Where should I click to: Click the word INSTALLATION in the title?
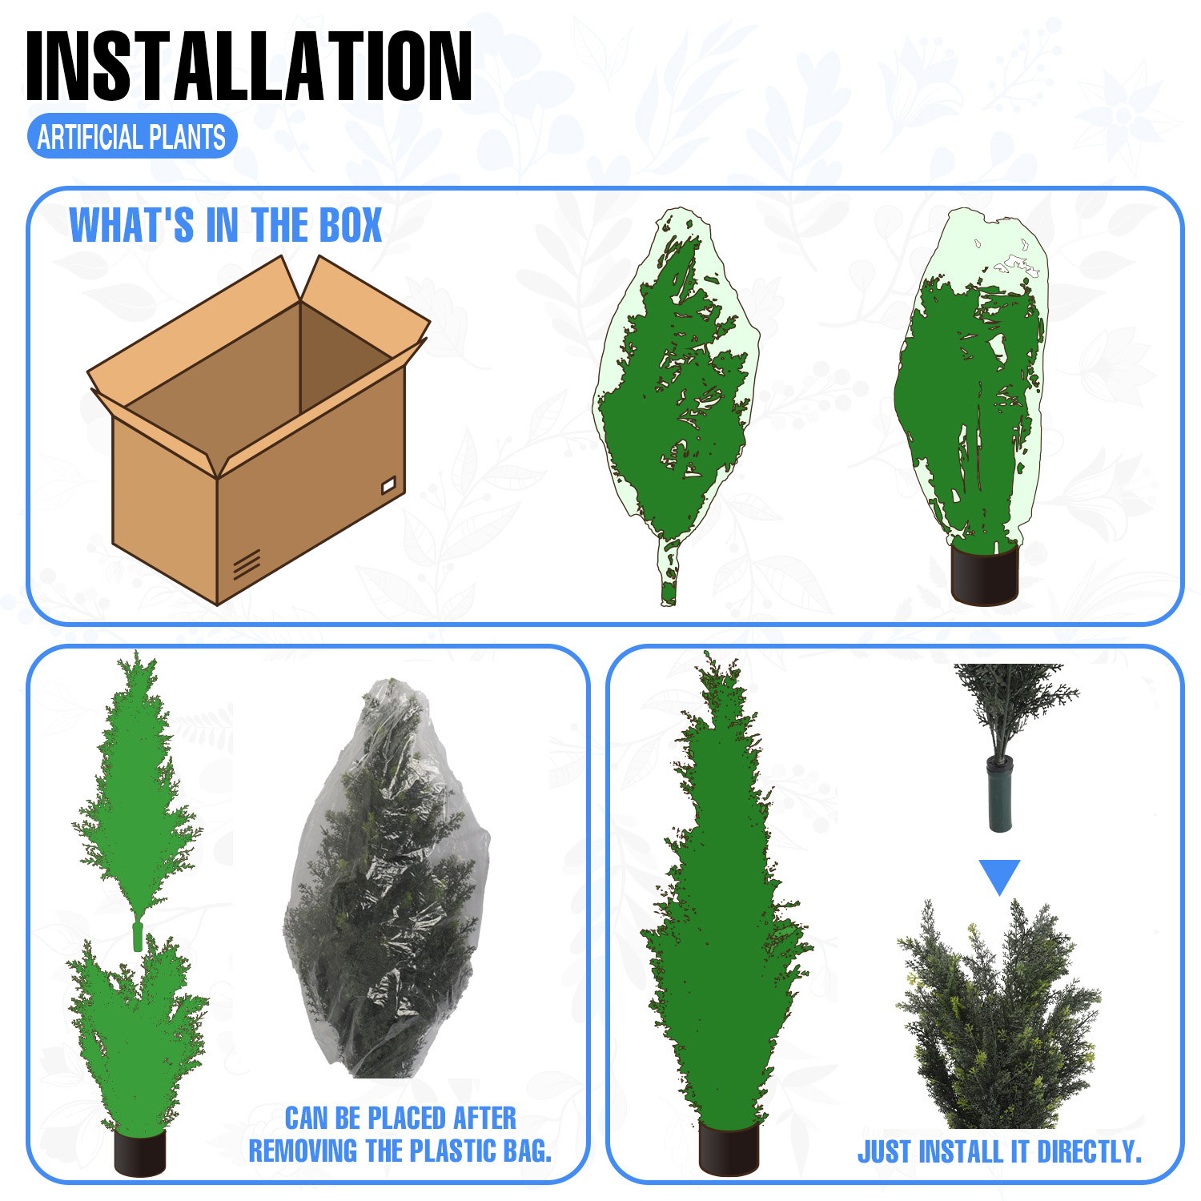pyautogui.click(x=249, y=66)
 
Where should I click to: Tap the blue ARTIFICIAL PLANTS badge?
pyautogui.click(x=132, y=137)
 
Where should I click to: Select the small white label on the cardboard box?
pyautogui.click(x=388, y=484)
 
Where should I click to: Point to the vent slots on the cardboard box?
pyautogui.click(x=247, y=564)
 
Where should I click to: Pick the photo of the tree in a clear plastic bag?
pyautogui.click(x=386, y=878)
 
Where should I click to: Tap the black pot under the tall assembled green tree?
pyautogui.click(x=728, y=1147)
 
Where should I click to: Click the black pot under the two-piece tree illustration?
pyautogui.click(x=140, y=1152)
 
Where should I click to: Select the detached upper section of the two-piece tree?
pyautogui.click(x=138, y=801)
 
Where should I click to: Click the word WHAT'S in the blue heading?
pyautogui.click(x=131, y=225)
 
